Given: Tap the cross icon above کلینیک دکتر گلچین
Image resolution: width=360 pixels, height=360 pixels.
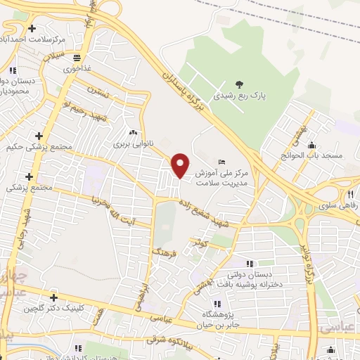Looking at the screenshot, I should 53,297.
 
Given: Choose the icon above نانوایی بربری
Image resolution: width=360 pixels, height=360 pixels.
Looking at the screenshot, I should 132,132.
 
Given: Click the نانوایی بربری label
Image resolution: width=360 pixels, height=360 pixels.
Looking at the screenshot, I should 132,143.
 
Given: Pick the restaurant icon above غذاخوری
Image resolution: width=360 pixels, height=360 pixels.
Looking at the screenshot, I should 76,58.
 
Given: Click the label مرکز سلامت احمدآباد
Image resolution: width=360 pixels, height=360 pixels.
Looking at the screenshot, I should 33,39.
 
